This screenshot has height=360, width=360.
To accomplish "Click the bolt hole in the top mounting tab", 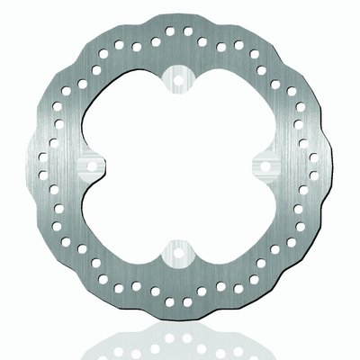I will pyautogui.click(x=180, y=80).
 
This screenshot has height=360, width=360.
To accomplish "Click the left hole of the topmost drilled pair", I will pyautogui.click(x=172, y=31).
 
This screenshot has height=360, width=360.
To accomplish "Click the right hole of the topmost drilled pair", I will pyautogui.click(x=187, y=31).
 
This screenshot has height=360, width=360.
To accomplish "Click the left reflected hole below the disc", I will pyautogui.click(x=172, y=343).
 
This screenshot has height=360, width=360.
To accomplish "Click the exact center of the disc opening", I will pyautogui.click(x=180, y=166).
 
